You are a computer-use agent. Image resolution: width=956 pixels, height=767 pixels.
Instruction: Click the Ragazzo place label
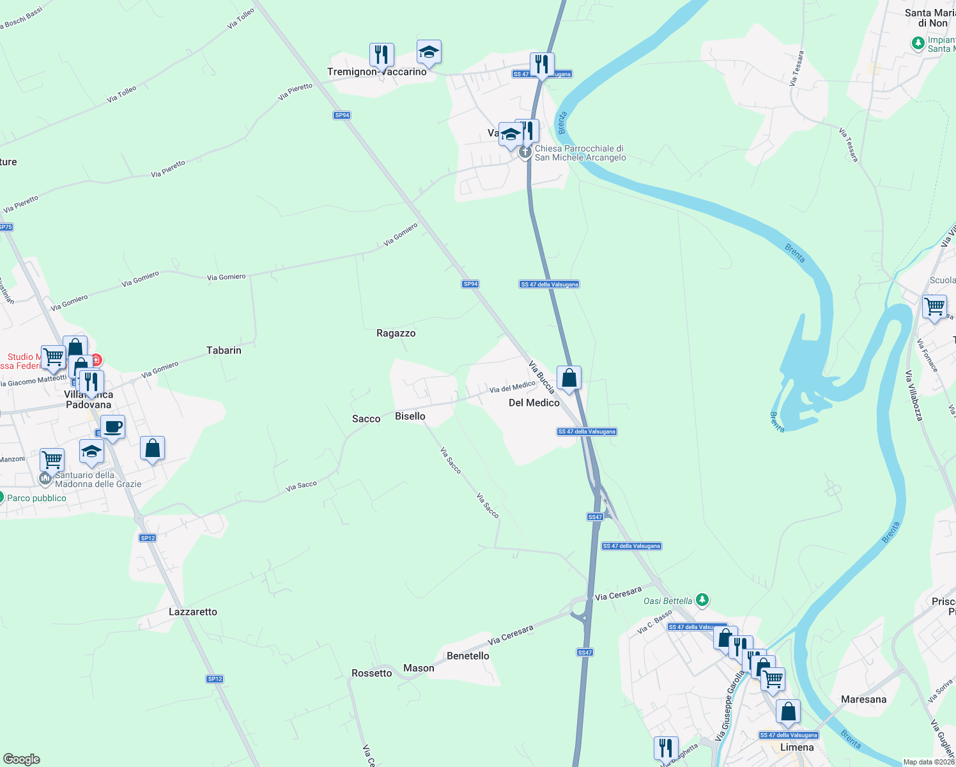click(x=396, y=333)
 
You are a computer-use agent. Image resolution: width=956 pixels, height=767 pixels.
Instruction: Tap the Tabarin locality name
click(x=224, y=350)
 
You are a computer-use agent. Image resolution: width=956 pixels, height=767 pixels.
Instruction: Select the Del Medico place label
click(x=534, y=403)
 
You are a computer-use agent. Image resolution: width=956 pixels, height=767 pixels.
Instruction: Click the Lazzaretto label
click(x=193, y=612)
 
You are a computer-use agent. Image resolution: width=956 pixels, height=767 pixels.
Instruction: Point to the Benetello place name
click(x=468, y=656)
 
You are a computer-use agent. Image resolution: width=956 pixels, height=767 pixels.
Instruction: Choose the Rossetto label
click(x=371, y=673)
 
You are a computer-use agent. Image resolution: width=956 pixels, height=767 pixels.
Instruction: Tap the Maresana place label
click(x=863, y=699)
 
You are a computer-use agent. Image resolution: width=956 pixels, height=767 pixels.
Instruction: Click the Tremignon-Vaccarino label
click(x=376, y=72)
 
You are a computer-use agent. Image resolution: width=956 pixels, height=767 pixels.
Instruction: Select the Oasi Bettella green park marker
click(x=702, y=600)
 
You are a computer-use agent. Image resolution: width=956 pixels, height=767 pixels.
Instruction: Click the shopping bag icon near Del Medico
click(x=569, y=378)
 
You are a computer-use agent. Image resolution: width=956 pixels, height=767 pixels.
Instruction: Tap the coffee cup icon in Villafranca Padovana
click(x=112, y=428)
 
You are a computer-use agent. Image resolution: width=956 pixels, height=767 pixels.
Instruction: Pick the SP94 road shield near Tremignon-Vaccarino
click(x=342, y=115)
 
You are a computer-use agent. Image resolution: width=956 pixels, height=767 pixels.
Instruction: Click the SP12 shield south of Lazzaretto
click(x=215, y=679)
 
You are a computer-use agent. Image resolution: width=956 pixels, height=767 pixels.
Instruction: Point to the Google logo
click(x=22, y=759)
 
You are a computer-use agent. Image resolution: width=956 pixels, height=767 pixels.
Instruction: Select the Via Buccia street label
click(x=541, y=376)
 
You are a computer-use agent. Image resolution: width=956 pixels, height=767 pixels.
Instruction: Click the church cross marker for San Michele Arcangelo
click(x=525, y=152)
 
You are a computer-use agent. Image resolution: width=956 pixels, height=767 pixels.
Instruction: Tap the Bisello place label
click(x=410, y=416)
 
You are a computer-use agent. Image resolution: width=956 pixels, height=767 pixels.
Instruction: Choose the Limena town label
click(x=797, y=747)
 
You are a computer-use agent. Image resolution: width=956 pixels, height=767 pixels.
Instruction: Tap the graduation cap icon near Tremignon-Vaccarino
click(x=429, y=52)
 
